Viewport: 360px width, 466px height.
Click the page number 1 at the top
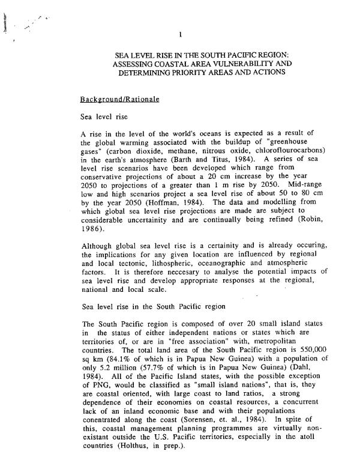(188, 34)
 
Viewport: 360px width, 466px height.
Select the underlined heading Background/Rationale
(119, 98)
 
